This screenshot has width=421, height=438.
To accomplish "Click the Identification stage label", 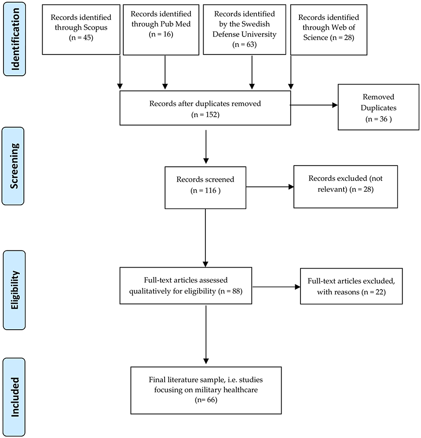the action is point(15,39).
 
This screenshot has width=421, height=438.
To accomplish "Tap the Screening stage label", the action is point(13,166).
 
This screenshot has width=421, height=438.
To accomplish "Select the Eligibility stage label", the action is point(14,290).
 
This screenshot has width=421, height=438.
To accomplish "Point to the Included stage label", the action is point(14,397).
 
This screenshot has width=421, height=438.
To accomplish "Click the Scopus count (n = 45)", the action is point(81,37).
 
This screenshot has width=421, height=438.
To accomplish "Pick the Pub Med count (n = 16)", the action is point(161,34).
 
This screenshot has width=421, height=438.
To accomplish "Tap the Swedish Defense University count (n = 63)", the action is point(244,44).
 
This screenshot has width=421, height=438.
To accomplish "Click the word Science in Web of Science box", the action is point(315,37).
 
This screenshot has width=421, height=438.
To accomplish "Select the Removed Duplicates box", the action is point(378,107).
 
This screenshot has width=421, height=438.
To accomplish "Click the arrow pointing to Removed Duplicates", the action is point(314,105).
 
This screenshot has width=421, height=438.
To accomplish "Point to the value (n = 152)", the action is point(205,114).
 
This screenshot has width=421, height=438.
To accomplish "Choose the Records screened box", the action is point(205,188).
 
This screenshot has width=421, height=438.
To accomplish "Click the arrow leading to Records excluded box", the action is point(270,187).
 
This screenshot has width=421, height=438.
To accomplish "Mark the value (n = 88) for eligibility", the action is point(231,291).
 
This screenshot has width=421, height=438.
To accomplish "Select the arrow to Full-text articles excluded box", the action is point(276,287).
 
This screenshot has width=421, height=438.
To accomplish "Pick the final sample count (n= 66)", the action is point(206,400).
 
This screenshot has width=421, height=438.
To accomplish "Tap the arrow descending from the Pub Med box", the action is point(165,72).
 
